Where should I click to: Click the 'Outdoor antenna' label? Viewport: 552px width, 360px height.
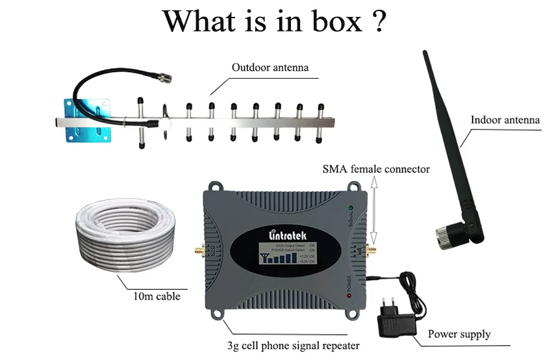(x=270, y=67)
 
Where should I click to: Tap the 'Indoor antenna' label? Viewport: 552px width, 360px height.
(x=505, y=120)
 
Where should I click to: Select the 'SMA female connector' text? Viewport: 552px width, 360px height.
(x=376, y=169)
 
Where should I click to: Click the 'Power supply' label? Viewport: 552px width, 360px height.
(x=459, y=334)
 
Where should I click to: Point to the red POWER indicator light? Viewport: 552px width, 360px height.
(x=350, y=297)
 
